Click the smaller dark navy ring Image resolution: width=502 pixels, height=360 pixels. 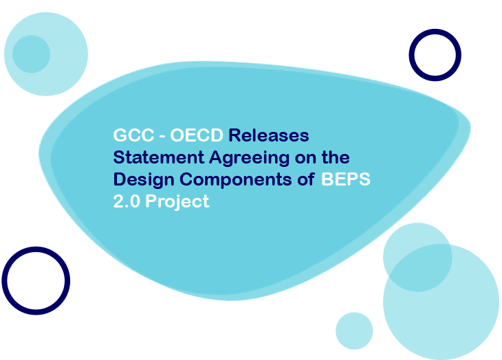pyautogui.click(x=435, y=54)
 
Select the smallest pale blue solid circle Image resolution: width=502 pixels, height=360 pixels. pyautogui.click(x=354, y=330)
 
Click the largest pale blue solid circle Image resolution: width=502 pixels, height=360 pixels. pyautogui.click(x=441, y=302)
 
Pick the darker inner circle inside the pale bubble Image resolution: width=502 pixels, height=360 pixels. pyautogui.click(x=31, y=54)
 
